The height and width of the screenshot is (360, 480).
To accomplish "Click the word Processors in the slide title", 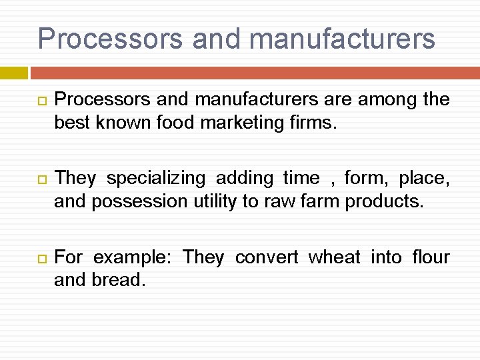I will click(109, 39).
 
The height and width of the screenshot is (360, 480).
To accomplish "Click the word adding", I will click(245, 179).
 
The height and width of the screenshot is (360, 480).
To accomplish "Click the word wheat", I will click(335, 257).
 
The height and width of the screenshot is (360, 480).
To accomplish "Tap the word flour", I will click(431, 257).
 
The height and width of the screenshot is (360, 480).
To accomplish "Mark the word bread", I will click(118, 281).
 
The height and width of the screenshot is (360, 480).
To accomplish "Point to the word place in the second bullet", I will click(424, 179).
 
